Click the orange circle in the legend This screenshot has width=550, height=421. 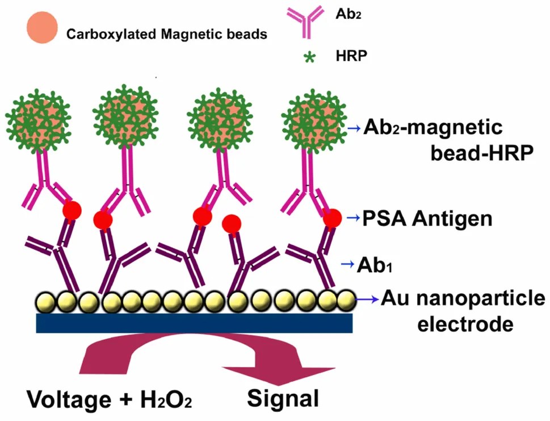coord(41,27)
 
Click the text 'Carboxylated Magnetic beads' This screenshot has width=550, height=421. coord(167,35)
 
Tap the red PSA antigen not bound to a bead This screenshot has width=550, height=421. coord(232,224)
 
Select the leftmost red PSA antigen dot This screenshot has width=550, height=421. coord(71,211)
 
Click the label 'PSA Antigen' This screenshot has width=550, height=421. coord(427,219)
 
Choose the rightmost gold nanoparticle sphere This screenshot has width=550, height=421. coord(345,299)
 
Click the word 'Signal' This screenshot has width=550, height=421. coord(283,398)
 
